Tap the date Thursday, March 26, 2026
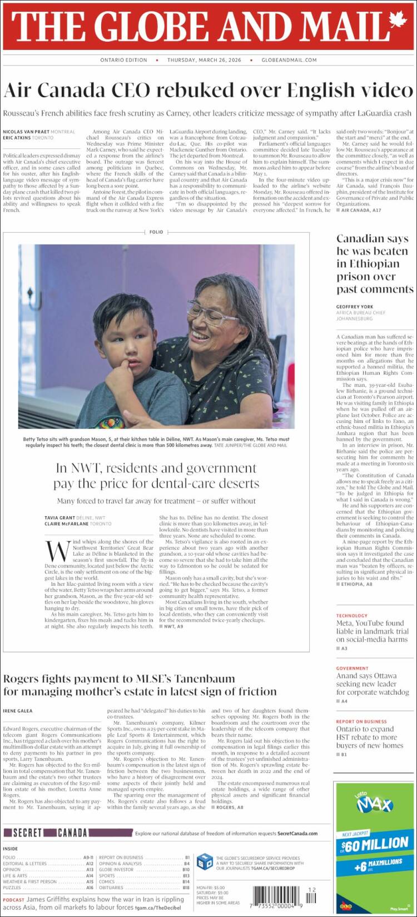click(x=204, y=60)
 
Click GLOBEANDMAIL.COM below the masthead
click(x=289, y=60)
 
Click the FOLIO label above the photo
click(x=156, y=232)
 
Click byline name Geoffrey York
click(x=354, y=307)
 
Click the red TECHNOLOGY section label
click(x=351, y=616)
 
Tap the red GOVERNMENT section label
click(x=352, y=669)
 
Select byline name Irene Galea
click(x=18, y=711)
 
